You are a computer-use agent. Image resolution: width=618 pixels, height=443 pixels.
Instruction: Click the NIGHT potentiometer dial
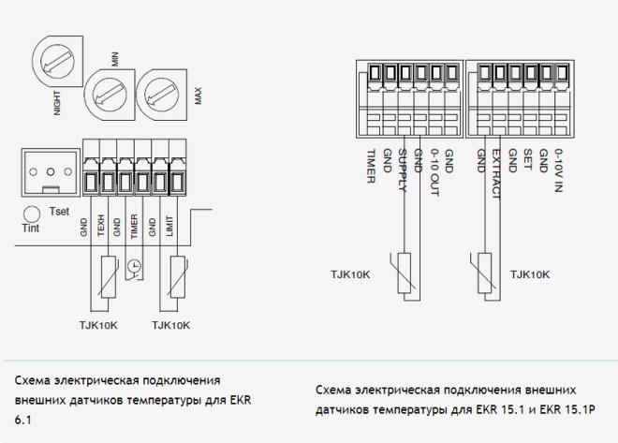pyautogui.click(x=57, y=61)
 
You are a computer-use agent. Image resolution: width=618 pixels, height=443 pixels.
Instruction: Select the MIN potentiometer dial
pyautogui.click(x=110, y=95)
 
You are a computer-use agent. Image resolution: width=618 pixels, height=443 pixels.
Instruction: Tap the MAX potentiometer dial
pyautogui.click(x=162, y=95)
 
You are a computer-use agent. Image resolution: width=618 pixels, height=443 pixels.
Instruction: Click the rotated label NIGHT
pyautogui.click(x=57, y=103)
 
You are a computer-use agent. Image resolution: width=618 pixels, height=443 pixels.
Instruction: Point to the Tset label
pyautogui.click(x=59, y=212)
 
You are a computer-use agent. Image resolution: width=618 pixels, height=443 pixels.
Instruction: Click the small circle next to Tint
pyautogui.click(x=32, y=214)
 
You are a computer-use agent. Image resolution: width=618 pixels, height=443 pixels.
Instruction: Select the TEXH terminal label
pyautogui.click(x=101, y=226)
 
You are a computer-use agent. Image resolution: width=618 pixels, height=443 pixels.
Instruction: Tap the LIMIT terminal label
pyautogui.click(x=169, y=226)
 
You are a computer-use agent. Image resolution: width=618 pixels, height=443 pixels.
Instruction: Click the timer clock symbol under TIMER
pyautogui.click(x=135, y=266)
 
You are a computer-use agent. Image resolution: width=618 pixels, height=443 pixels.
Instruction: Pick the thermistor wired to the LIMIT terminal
pyautogui.click(x=178, y=277)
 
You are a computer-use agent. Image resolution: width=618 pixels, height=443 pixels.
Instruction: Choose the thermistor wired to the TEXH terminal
pyautogui.click(x=109, y=277)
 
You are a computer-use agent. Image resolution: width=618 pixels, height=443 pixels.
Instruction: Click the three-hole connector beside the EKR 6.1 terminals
pyautogui.click(x=51, y=172)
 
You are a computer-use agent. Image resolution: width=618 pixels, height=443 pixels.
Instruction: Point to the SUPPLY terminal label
pyautogui.click(x=403, y=170)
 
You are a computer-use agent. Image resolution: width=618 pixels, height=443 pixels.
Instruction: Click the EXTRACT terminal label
pyautogui.click(x=496, y=174)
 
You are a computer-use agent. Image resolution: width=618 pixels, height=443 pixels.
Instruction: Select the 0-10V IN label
pyautogui.click(x=558, y=170)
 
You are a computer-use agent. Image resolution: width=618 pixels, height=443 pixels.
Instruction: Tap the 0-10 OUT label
pyautogui.click(x=434, y=172)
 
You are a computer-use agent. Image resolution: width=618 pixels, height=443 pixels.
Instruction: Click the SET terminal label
pyautogui.click(x=527, y=159)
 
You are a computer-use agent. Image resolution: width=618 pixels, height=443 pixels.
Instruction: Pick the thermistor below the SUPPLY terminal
pyautogui.click(x=404, y=273)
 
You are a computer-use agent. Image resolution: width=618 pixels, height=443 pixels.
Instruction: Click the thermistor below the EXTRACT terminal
pyautogui.click(x=484, y=273)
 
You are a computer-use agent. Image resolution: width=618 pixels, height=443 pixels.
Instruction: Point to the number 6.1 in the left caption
pyautogui.click(x=22, y=421)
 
